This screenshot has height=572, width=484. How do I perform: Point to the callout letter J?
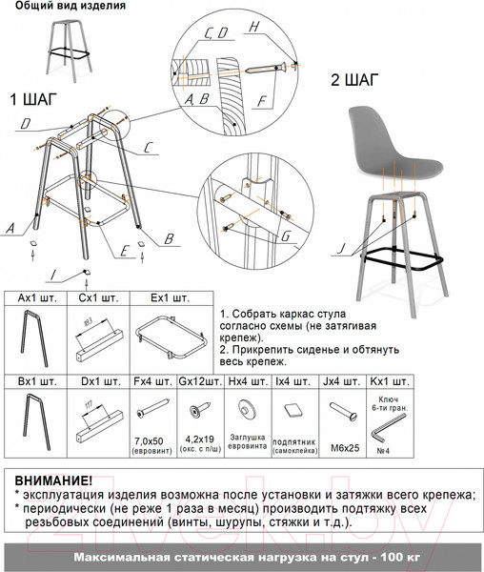[x=341, y=252]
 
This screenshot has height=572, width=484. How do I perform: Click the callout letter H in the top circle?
[x=252, y=29]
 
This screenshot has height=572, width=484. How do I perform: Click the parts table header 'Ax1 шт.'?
[x=33, y=298]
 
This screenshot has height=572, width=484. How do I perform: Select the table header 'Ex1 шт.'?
[x=173, y=298]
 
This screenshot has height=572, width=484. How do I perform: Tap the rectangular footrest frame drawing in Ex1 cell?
[x=173, y=336]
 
